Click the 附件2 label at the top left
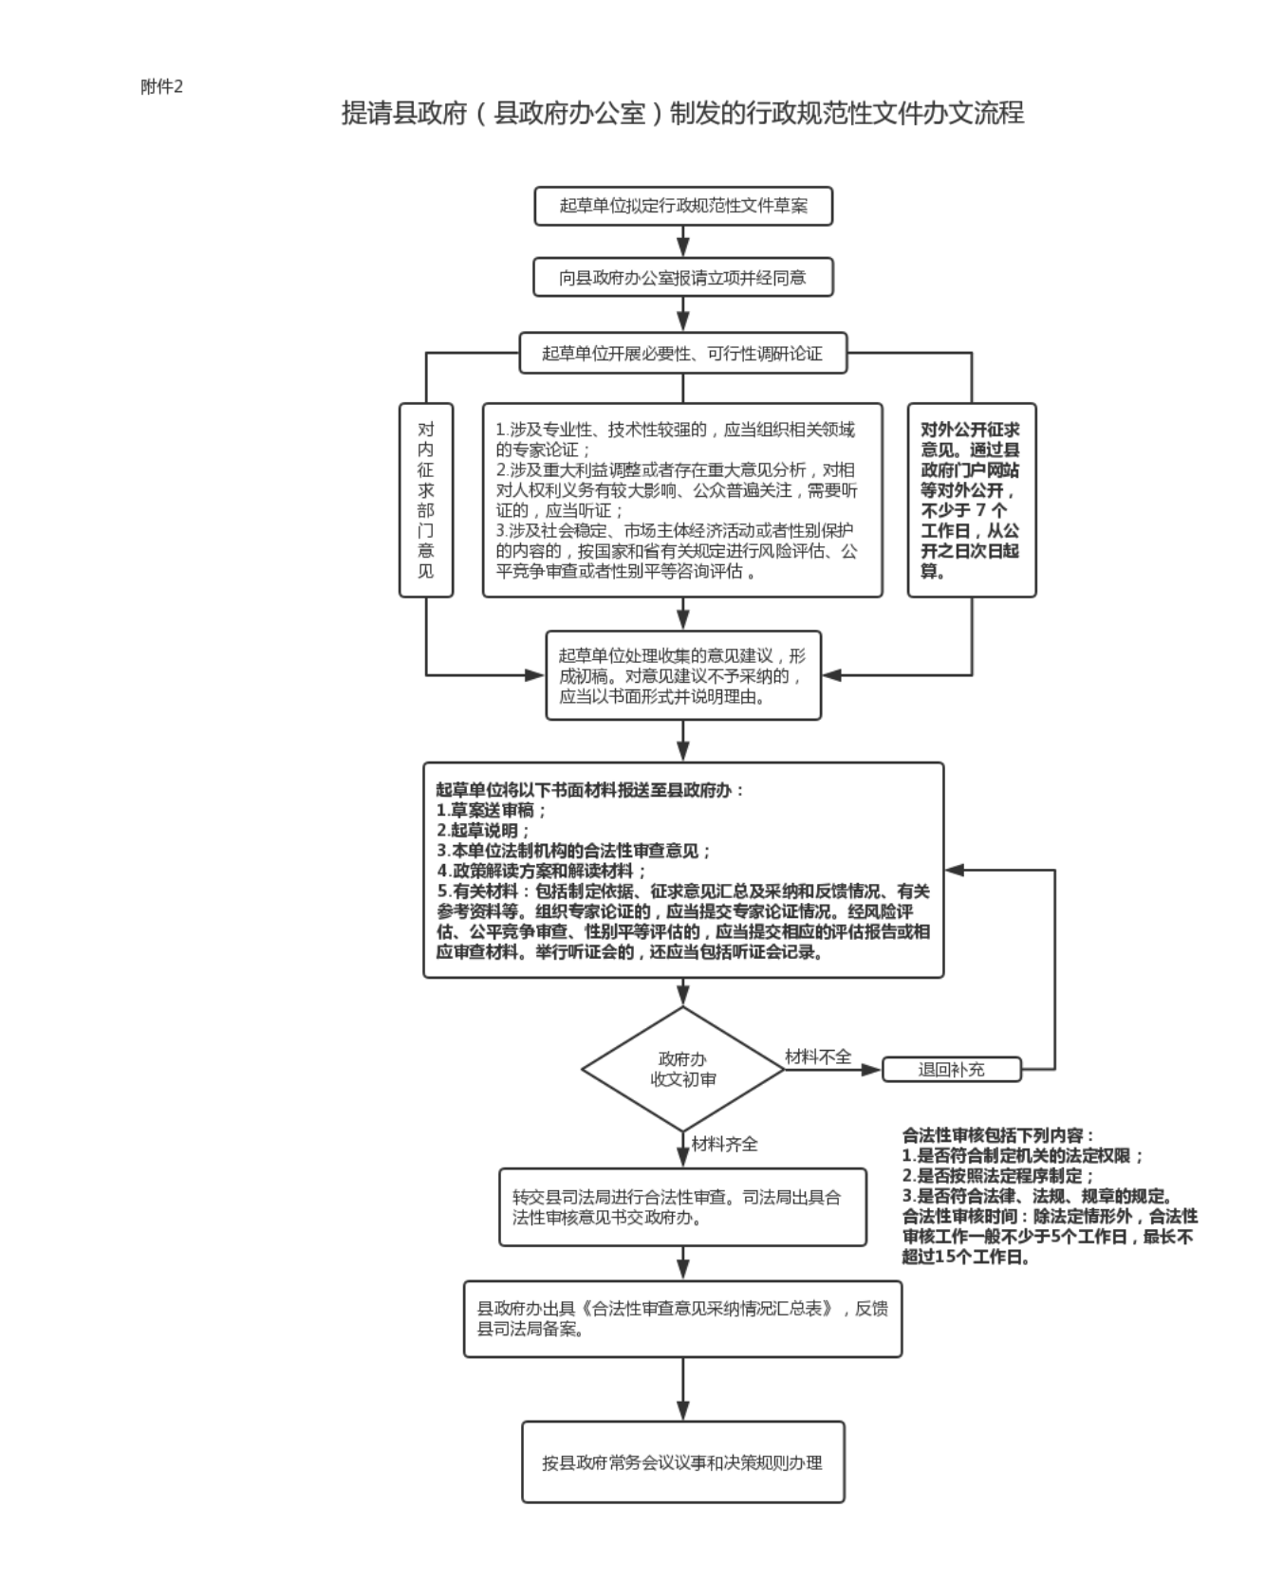tap(161, 87)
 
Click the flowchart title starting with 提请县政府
tap(682, 114)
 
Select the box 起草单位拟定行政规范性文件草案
tap(682, 206)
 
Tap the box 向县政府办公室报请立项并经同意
tap(682, 278)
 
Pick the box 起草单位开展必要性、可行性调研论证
tap(682, 354)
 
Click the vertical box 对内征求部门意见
tap(426, 500)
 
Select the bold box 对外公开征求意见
tap(971, 500)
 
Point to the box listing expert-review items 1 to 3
tap(682, 500)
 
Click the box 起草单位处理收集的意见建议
tap(682, 675)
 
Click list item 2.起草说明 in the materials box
tap(483, 831)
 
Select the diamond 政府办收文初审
tap(682, 1069)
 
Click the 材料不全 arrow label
tap(818, 1056)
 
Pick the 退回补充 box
tap(951, 1070)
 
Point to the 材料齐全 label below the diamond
tap(725, 1145)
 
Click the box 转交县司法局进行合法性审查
tap(682, 1206)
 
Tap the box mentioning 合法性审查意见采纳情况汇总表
tap(682, 1318)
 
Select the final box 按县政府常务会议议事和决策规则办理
tap(682, 1461)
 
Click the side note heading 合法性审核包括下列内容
tap(998, 1135)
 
